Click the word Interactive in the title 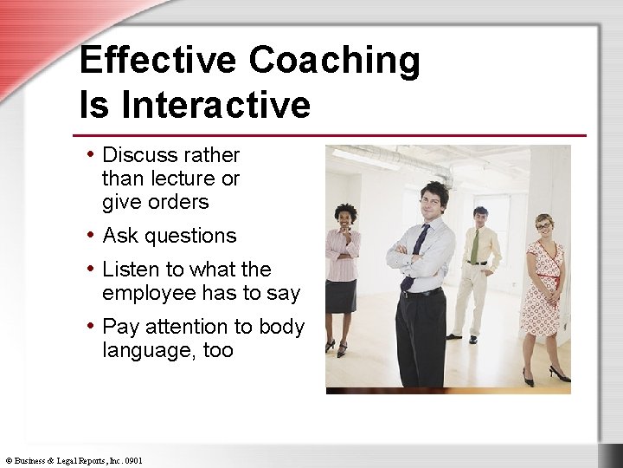point(216,105)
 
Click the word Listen point(130,270)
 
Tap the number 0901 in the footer point(133,460)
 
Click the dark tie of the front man point(418,244)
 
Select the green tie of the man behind point(475,245)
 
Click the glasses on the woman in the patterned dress point(543,226)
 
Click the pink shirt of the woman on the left point(342,256)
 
